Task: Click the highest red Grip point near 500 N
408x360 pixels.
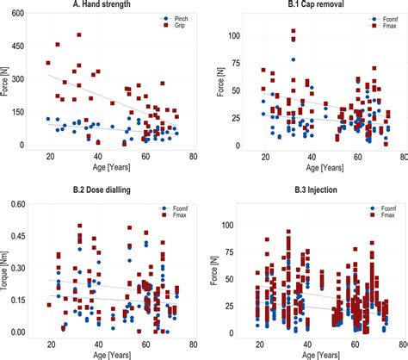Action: [79, 35]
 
